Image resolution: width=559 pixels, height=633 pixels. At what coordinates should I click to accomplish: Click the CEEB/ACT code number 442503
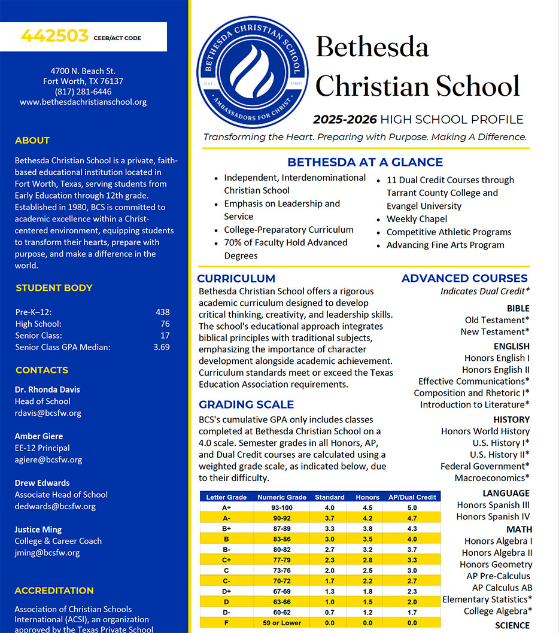coord(54,36)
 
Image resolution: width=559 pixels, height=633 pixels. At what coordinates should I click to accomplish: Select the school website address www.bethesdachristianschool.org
coord(83,102)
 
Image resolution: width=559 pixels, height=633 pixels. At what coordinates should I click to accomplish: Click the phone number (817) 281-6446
coord(83,92)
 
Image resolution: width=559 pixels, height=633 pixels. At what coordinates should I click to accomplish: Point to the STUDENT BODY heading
coord(54,288)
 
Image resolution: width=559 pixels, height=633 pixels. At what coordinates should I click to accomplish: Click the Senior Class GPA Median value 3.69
coord(162,347)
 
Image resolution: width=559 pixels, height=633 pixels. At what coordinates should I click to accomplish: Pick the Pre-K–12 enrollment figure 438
coord(162,312)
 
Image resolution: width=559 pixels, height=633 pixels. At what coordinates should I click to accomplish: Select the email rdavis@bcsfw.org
coord(48,413)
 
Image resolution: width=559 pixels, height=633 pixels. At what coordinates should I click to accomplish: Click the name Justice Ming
coord(38,529)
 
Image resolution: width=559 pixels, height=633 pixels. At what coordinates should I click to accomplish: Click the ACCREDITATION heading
coord(54,591)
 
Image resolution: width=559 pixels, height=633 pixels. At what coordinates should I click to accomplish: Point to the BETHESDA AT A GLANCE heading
coord(365,162)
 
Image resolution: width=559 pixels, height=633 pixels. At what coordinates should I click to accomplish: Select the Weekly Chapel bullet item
coord(417,219)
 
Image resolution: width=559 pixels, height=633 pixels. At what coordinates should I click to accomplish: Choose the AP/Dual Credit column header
coord(412,497)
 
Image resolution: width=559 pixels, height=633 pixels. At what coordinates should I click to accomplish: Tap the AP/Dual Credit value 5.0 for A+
coord(412,507)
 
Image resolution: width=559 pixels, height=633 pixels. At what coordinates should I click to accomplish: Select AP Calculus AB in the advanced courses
coord(502,588)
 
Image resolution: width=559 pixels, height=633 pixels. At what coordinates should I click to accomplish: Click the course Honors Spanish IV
coord(493,516)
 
